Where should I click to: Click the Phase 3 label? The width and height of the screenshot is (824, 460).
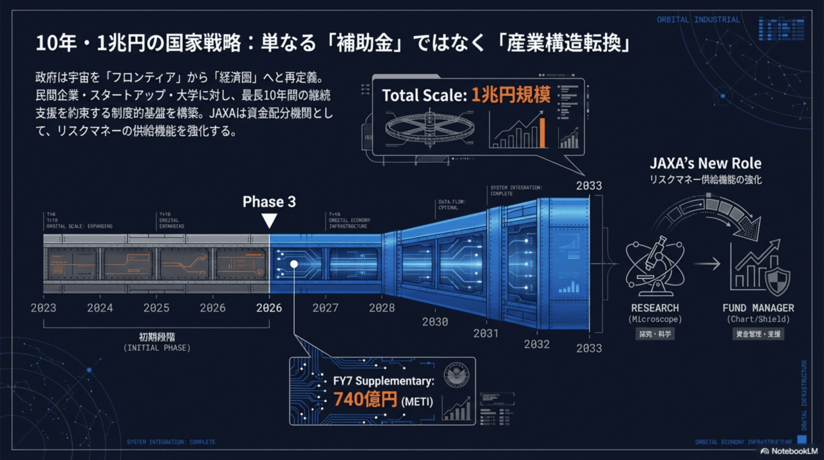269,202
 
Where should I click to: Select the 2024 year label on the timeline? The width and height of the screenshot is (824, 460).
100,308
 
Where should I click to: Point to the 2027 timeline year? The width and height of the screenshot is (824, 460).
325,308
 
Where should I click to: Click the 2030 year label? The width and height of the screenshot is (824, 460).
435,321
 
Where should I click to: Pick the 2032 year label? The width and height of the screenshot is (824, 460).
536,344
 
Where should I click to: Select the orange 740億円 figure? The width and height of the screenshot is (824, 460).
365,399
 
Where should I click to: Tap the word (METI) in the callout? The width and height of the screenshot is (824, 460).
418,401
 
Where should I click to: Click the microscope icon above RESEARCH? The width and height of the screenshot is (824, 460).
655,264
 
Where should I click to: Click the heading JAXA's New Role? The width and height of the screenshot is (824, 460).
705,163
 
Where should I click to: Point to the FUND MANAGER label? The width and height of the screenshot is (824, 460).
758,308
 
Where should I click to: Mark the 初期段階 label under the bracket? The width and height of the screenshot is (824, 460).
156,336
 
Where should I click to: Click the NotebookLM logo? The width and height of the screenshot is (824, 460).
788,452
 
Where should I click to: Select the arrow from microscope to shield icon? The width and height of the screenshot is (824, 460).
707,264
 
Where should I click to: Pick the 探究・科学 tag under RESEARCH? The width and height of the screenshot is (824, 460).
655,334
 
